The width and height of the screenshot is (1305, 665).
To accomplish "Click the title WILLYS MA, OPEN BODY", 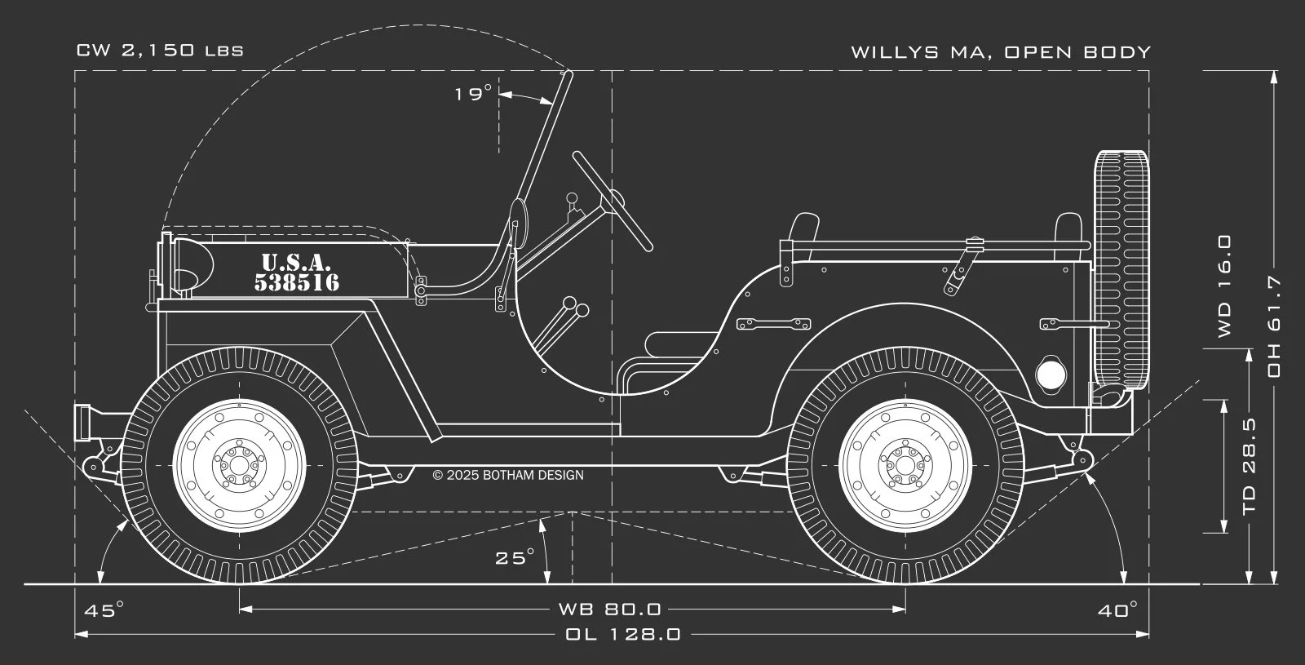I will [x=1001, y=52].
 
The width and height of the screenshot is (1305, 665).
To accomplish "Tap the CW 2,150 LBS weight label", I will [x=160, y=51].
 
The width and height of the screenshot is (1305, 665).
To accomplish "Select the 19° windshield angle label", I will [x=473, y=94].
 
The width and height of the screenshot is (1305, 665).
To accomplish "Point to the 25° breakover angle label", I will [x=515, y=558].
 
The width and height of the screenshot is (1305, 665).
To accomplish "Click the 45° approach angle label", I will [x=104, y=610].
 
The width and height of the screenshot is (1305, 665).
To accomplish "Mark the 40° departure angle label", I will [x=1117, y=610].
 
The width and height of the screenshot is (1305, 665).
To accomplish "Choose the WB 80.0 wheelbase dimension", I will [x=609, y=609].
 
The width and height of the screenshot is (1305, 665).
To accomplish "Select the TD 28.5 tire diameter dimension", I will [x=1249, y=468].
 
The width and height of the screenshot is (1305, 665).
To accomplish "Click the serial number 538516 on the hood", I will [x=297, y=283].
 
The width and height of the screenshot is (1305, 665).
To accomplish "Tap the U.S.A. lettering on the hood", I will [x=296, y=263].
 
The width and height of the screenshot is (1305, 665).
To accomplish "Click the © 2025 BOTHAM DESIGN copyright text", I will [x=508, y=475].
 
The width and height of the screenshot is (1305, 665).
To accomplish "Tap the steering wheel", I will [x=612, y=201].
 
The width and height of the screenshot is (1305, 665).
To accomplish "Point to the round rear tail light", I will [x=1051, y=375].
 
